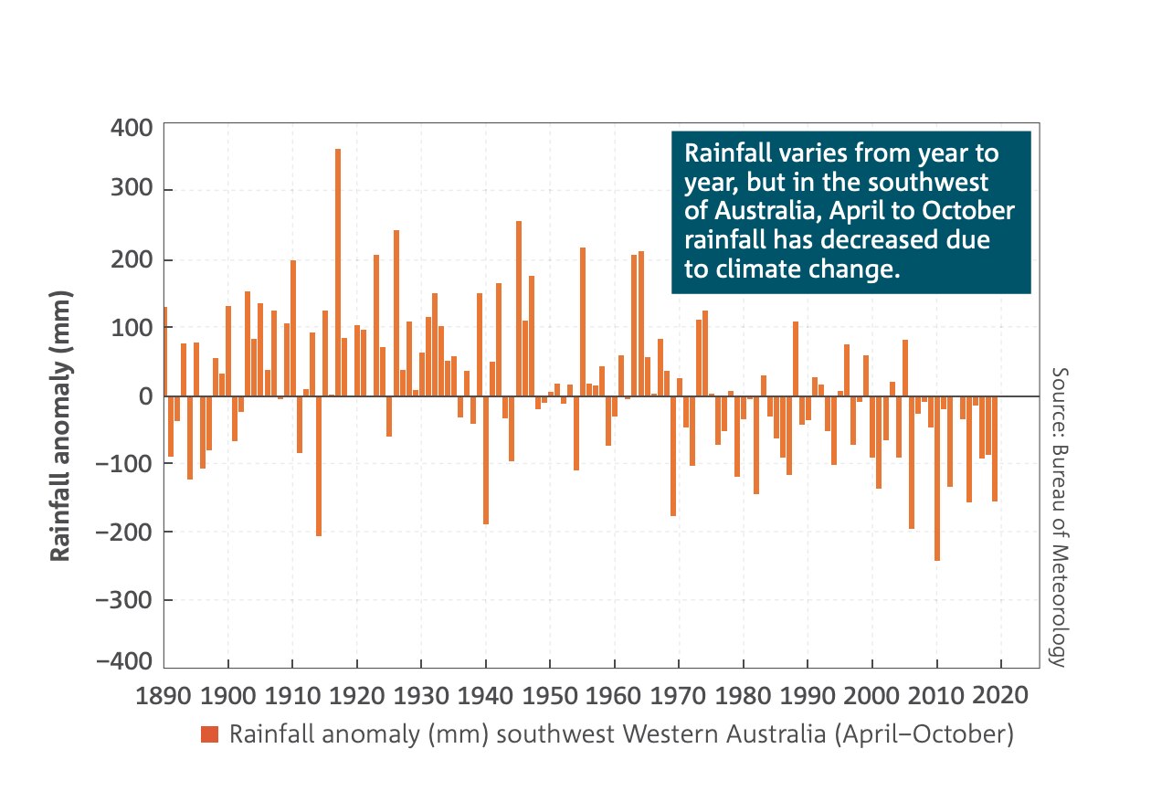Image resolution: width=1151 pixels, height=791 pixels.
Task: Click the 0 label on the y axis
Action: [x=144, y=396]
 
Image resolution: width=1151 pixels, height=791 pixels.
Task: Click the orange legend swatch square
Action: [x=210, y=734]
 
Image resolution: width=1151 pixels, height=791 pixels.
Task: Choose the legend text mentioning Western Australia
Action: [x=621, y=734]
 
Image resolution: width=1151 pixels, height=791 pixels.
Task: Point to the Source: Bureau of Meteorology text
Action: [x=1059, y=517]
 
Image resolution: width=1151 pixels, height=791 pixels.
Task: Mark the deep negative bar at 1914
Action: [x=319, y=466]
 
